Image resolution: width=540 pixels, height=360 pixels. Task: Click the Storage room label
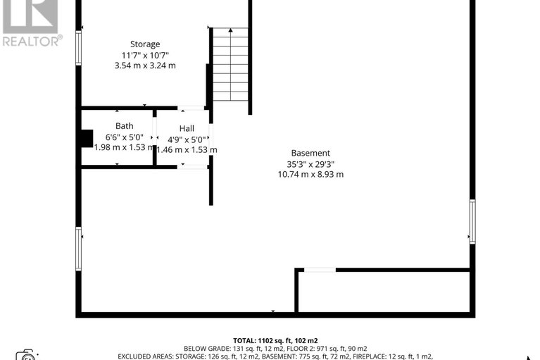tap(145, 44)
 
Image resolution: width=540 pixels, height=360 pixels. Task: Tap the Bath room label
tap(125, 127)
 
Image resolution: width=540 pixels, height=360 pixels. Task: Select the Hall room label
tap(187, 128)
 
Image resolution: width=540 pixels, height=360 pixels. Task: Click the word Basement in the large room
tap(310, 154)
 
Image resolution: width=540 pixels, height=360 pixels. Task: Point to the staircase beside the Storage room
tap(230, 65)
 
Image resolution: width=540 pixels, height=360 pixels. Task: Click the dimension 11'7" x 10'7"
tap(145, 55)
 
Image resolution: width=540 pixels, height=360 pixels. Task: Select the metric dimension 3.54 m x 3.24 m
tap(145, 66)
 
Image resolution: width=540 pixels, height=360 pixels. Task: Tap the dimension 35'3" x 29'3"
tap(310, 164)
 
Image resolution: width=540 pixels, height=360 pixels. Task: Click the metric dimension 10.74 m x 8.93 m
tap(310, 175)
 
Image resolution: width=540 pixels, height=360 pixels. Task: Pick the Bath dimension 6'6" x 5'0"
tap(125, 137)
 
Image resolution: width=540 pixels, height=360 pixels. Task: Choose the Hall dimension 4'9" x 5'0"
tap(187, 139)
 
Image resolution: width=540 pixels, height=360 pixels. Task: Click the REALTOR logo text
tap(32, 41)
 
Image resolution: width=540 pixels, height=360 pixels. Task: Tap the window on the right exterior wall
tap(472, 221)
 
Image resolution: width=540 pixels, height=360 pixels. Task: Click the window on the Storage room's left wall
tap(79, 49)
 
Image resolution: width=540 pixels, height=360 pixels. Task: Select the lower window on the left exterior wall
tap(78, 249)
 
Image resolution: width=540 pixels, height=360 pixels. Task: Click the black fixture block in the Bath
tap(86, 138)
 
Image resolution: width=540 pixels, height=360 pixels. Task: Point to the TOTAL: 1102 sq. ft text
tap(270, 340)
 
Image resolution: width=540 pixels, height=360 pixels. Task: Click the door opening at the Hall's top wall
tap(191, 108)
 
